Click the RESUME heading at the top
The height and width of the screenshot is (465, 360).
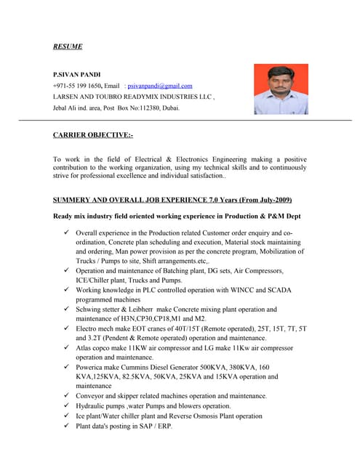tap(68, 46)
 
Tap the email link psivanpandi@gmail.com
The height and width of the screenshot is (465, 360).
tap(160, 86)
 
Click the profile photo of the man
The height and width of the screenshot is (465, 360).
tap(281, 90)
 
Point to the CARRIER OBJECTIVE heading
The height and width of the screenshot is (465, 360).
tap(92, 135)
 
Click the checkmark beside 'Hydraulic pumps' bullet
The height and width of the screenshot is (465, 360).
tap(66, 405)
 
